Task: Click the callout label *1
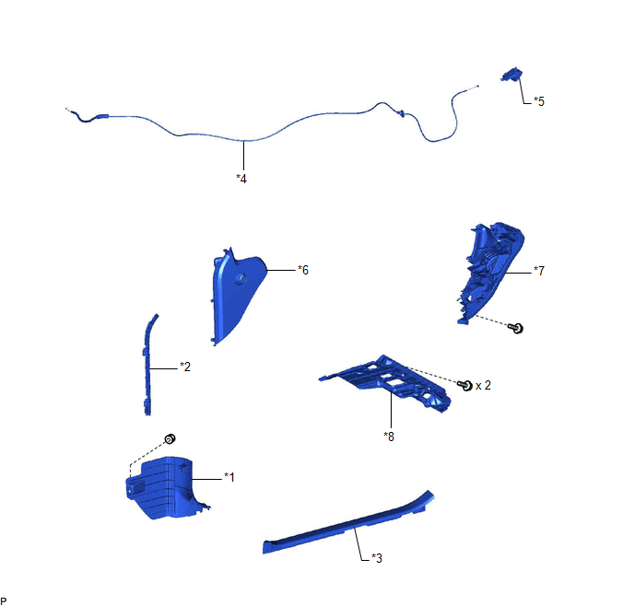229,477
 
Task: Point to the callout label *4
241,178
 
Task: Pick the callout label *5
538,101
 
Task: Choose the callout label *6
303,270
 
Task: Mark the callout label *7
539,271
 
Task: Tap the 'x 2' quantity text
484,385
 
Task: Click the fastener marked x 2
466,385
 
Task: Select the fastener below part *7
518,328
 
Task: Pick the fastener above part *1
170,437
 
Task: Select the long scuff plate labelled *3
350,529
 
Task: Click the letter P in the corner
5,600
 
